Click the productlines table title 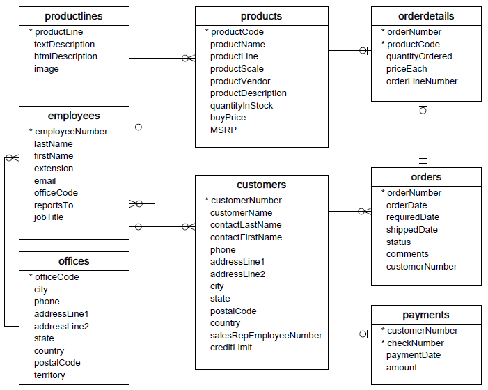point(74,16)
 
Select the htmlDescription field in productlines point(65,56)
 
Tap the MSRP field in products point(223,130)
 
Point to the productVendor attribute point(240,81)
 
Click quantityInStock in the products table point(242,106)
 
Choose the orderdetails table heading point(425,16)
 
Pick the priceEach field point(407,69)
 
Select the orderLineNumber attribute point(422,81)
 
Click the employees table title point(74,116)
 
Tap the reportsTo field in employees point(54,205)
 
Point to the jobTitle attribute point(49,217)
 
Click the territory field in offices point(49,375)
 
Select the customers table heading point(261,185)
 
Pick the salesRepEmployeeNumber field point(266,336)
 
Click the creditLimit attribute point(231,348)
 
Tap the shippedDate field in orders point(412,230)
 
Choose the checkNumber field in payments point(415,343)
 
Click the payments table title point(425,315)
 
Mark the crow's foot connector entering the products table point(188,58)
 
